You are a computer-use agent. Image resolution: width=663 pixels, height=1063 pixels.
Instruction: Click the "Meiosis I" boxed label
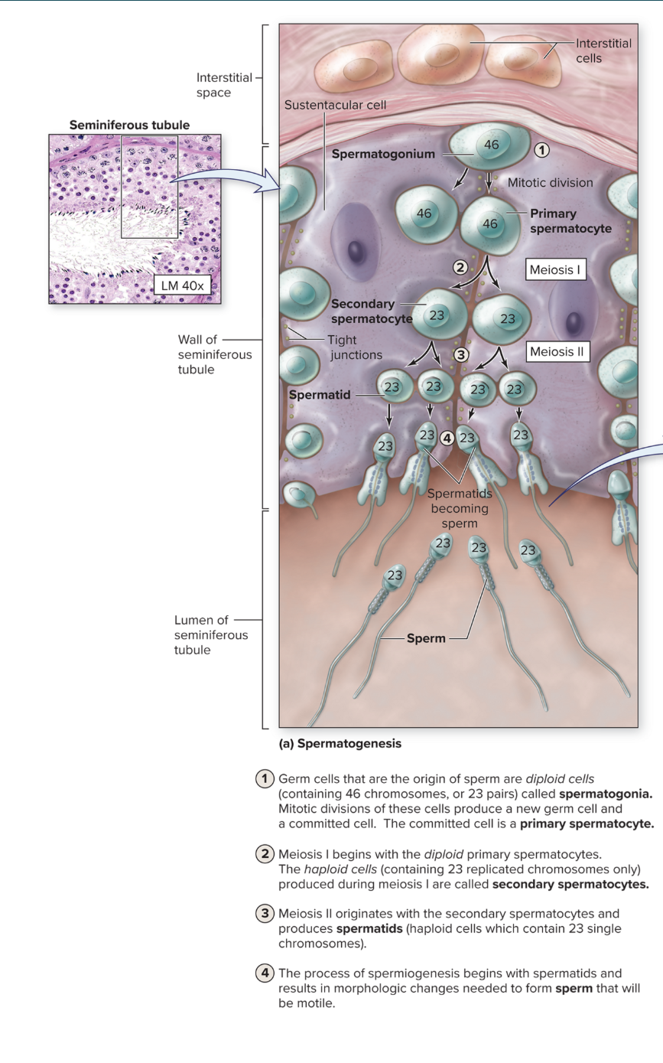[x=557, y=270]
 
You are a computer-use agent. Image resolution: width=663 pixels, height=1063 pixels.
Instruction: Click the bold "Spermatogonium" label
[x=382, y=154]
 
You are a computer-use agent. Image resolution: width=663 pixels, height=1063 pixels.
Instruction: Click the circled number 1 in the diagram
[x=541, y=151]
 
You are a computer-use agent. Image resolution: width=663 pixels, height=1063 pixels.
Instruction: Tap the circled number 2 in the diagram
[x=460, y=267]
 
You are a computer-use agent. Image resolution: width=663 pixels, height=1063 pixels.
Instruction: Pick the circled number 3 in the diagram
[x=460, y=354]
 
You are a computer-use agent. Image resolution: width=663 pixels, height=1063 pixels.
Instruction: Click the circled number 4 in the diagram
[x=448, y=439]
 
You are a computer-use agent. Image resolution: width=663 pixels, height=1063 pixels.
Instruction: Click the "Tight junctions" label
[x=355, y=347]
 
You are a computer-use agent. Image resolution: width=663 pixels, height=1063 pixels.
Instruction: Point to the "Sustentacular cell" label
[x=336, y=105]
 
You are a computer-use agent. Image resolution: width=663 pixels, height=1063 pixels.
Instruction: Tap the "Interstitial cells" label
[x=603, y=51]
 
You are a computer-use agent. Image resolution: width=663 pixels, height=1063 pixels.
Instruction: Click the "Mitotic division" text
[x=551, y=183]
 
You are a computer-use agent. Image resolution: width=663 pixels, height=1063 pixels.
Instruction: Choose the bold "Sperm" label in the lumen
[x=426, y=637]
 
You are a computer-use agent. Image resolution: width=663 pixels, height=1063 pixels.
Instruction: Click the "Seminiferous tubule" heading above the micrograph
[x=129, y=124]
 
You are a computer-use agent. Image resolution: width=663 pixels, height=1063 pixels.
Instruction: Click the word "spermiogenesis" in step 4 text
[x=414, y=973]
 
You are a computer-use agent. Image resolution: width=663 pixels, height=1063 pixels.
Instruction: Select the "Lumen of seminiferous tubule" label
[x=211, y=635]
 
